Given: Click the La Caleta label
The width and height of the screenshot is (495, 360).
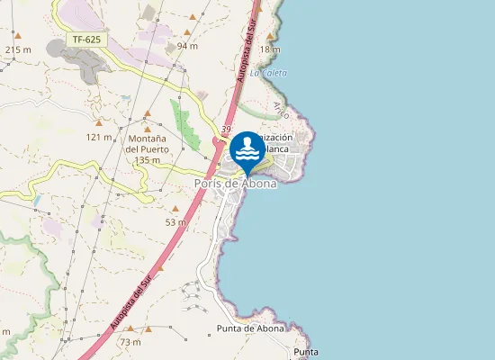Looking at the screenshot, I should tap(268, 73).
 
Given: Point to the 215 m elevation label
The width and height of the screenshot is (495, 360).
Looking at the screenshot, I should tap(18, 49).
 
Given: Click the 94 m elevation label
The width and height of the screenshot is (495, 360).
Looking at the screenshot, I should tap(187, 46).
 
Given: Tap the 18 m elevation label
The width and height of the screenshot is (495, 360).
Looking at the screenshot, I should tap(270, 49).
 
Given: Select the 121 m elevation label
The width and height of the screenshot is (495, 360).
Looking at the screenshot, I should tap(99, 137).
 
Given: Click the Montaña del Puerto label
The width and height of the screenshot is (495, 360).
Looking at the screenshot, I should tap(146, 143).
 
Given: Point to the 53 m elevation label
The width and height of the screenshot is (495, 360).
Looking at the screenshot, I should tap(175, 221).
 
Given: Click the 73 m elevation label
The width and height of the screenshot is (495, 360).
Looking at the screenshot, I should tap(130, 342).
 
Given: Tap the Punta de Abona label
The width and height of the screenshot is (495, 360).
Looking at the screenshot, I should tap(250, 328).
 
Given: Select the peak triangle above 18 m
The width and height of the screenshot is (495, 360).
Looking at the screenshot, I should tap(270, 37).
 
